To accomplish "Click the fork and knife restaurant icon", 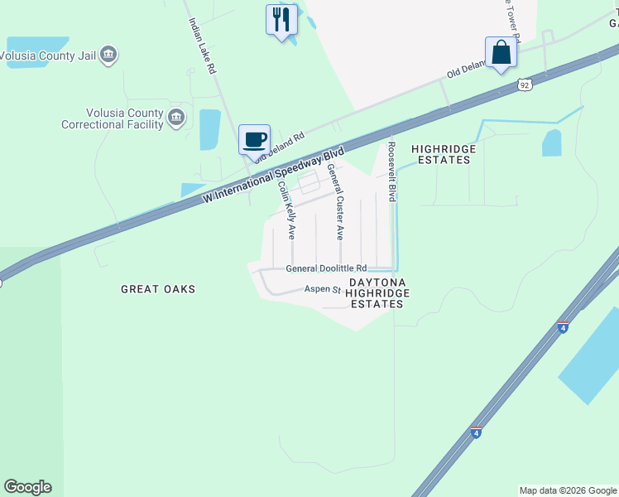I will [281, 18].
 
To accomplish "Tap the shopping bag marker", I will [501, 52].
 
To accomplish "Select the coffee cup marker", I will [254, 138].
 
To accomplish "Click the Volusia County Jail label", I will [48, 57].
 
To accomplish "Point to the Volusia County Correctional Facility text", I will [113, 118].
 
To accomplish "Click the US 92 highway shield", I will [523, 84].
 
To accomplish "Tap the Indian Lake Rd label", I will [202, 47].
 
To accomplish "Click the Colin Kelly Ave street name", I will [286, 211].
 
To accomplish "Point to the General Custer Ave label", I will [336, 201].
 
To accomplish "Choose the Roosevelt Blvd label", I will [391, 171].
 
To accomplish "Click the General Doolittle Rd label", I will [326, 268].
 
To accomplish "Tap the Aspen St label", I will [324, 289].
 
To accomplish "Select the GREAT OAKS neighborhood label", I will [158, 289].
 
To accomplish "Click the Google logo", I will [27, 487].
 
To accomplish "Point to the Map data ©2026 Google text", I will [567, 490].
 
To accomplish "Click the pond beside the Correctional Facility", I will [210, 129].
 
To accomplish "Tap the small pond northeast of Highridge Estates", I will [552, 143].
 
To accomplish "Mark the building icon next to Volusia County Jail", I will [108, 55].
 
